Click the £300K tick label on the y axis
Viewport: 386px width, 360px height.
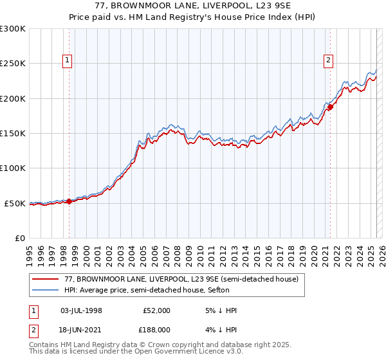13,29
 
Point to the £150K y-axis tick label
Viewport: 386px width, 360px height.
13,134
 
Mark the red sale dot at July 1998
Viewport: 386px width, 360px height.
69,201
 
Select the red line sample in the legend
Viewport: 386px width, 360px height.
46,280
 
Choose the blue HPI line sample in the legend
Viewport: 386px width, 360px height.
46,290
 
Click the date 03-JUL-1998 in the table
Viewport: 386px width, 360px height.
81,310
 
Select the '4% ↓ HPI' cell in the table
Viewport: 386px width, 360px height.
219,329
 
